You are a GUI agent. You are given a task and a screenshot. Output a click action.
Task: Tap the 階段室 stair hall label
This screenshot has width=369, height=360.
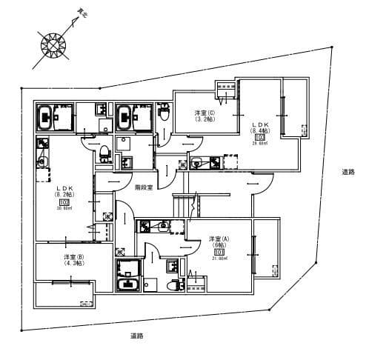144,188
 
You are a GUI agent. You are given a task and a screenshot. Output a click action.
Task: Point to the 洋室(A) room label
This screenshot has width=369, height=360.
219,243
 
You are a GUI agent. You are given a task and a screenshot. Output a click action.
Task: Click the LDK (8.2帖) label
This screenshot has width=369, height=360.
63,191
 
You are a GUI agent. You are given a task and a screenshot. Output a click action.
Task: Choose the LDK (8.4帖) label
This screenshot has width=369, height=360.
259,127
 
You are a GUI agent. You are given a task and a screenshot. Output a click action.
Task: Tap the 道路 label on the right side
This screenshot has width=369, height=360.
348,172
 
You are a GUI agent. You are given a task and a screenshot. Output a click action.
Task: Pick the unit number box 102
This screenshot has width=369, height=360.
63,201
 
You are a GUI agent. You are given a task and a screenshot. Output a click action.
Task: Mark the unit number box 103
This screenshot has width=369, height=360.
259,137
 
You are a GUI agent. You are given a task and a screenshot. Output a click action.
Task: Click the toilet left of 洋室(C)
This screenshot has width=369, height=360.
105,152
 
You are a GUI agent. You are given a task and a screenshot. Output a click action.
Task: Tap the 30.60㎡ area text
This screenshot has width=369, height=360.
63,208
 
